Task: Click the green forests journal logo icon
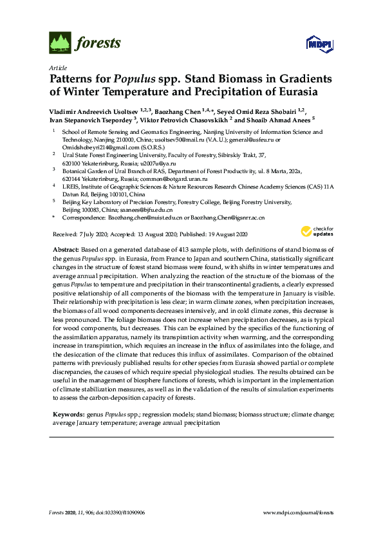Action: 60,43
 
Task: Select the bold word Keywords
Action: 65,415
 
